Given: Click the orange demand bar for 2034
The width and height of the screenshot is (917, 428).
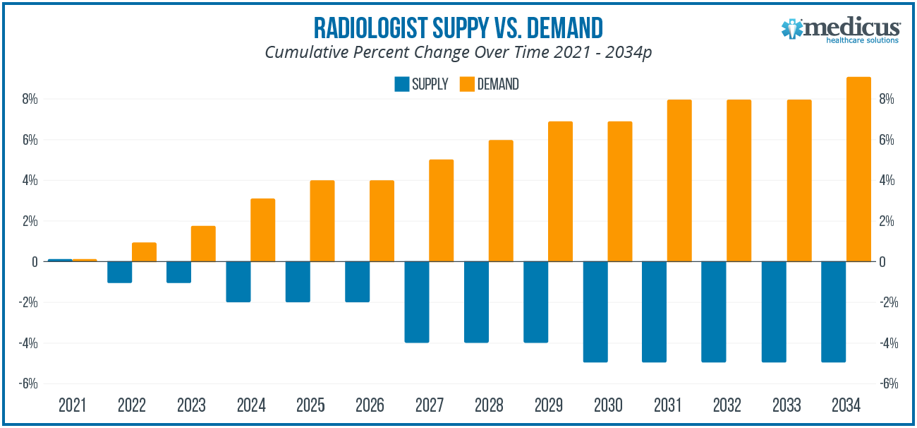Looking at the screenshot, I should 858,170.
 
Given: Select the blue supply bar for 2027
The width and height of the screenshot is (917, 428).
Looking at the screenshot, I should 417,302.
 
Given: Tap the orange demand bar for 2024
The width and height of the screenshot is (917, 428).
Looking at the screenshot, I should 262,230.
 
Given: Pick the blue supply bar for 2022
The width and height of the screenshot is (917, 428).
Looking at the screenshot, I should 119,272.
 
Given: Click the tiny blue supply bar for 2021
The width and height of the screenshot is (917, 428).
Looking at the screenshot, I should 60,260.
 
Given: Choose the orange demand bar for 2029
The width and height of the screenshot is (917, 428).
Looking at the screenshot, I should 560,191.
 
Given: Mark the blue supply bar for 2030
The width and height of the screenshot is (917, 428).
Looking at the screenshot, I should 595,311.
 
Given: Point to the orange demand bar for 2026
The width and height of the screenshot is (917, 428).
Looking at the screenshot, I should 382,221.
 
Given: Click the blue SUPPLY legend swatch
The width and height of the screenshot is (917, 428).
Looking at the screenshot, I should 401,84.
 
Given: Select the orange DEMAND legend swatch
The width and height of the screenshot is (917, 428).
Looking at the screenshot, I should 466,84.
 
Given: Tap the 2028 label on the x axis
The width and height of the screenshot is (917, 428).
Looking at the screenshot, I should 489,406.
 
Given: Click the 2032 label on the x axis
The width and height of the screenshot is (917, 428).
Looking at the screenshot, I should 727,406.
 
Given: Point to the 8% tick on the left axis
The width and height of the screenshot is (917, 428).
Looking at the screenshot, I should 29,100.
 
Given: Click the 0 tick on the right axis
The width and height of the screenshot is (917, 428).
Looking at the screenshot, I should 883,262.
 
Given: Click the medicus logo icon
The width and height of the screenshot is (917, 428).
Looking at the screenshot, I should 793,29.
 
